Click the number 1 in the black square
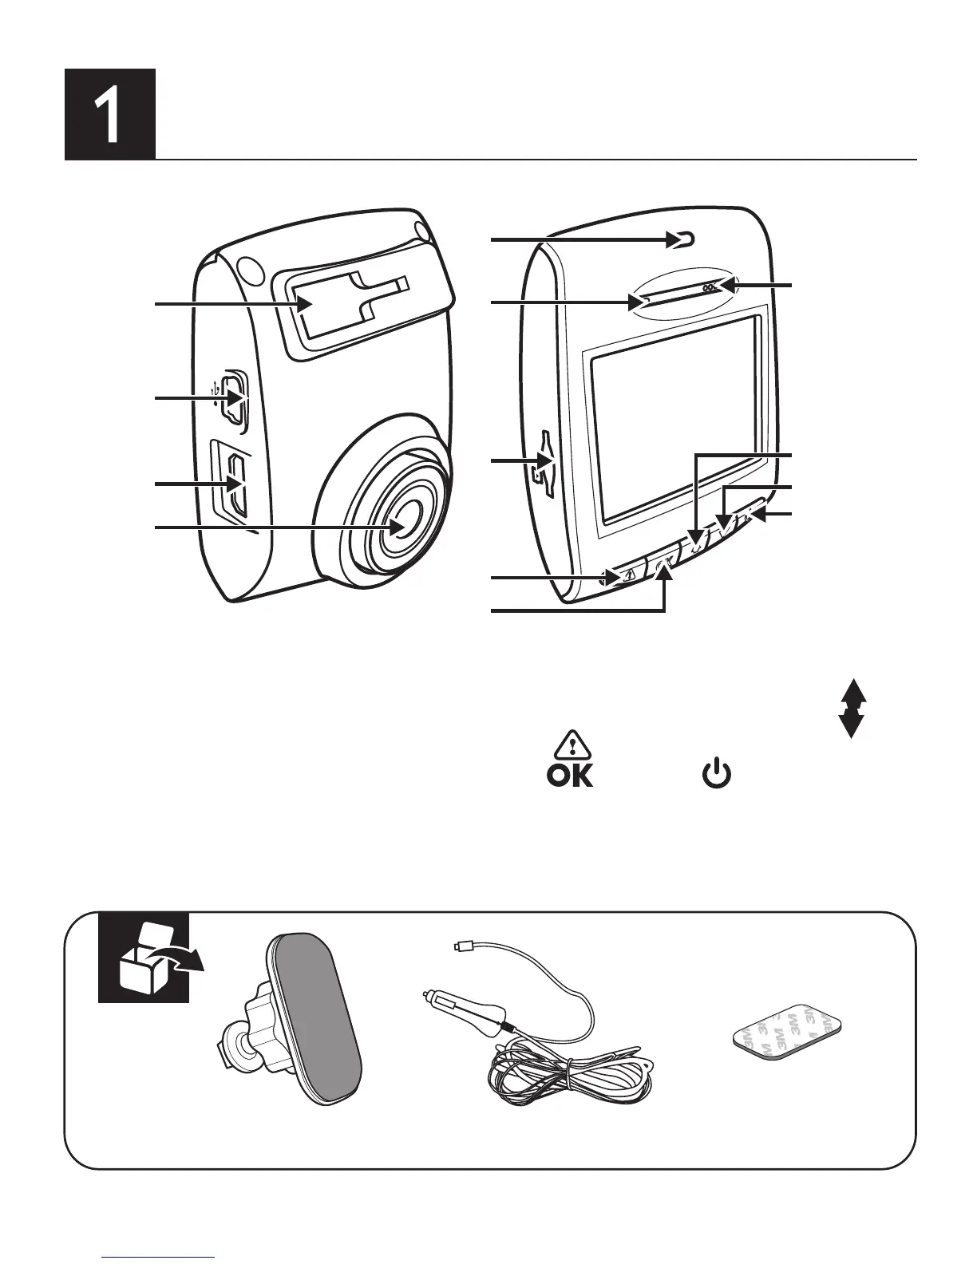pos(109,114)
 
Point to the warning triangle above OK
pos(570,745)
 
